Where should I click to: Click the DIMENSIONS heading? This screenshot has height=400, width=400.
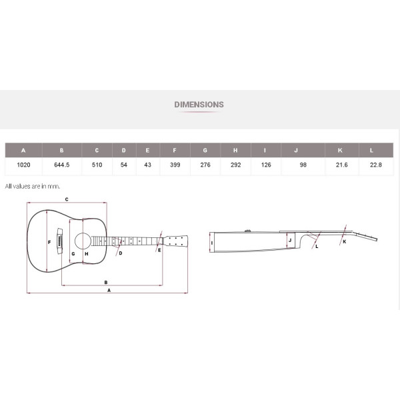pyautogui.click(x=199, y=105)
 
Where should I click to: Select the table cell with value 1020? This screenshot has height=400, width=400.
pyautogui.click(x=23, y=165)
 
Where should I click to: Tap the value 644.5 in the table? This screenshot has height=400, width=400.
pyautogui.click(x=62, y=165)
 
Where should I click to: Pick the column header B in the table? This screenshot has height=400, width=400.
pyautogui.click(x=62, y=150)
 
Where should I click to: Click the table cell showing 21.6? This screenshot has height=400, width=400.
pyautogui.click(x=341, y=165)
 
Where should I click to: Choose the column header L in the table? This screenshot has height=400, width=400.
pyautogui.click(x=371, y=150)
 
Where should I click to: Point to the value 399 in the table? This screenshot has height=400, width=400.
pyautogui.click(x=175, y=165)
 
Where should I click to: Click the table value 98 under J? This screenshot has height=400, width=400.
pyautogui.click(x=303, y=165)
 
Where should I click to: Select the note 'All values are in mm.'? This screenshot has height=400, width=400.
pyautogui.click(x=33, y=186)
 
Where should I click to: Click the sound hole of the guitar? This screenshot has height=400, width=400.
pyautogui.click(x=83, y=241)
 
